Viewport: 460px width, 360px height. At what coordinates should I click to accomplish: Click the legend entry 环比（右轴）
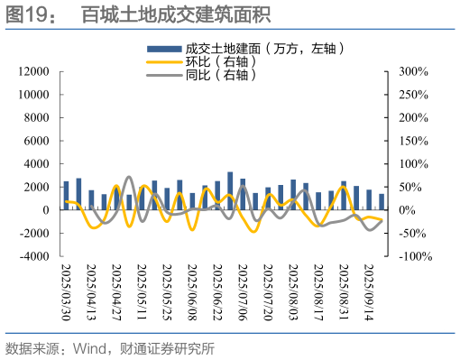point(216,62)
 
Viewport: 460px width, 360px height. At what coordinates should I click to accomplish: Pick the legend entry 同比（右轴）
point(216,76)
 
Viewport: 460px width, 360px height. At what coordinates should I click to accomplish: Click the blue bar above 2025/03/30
point(66,196)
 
